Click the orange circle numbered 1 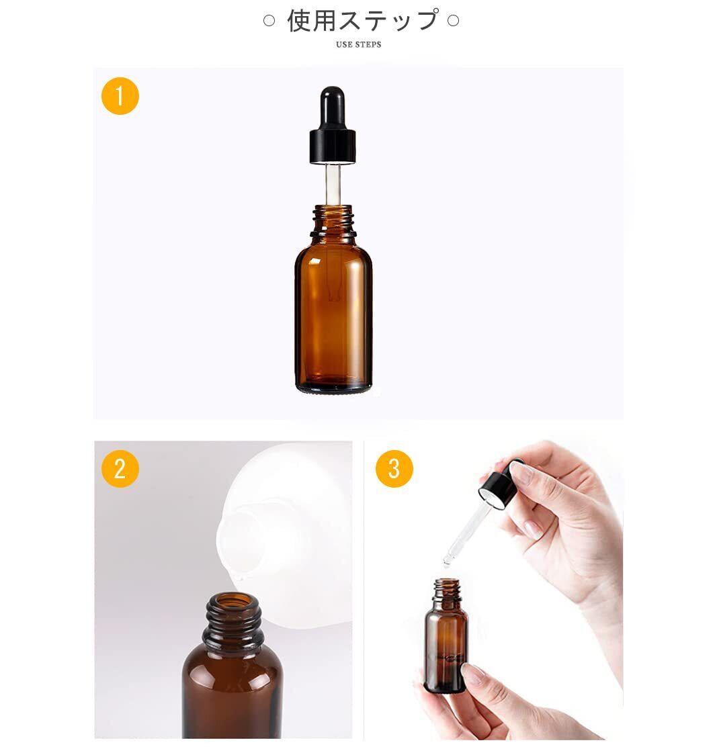120,96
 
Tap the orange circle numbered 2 120,469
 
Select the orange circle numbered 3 394,469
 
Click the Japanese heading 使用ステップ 362,21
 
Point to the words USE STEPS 358,45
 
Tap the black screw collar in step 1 333,146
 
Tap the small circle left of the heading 269,21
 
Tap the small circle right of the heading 454,21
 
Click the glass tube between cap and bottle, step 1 333,184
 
